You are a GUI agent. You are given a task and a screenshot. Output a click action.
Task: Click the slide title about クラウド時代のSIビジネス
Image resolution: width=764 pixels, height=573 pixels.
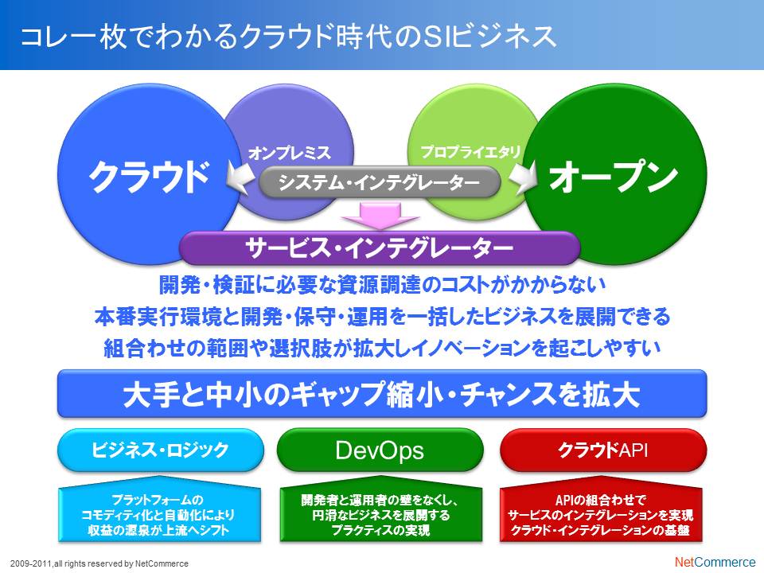(287, 37)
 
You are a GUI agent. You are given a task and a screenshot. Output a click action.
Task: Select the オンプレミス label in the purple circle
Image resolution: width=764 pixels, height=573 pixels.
(290, 153)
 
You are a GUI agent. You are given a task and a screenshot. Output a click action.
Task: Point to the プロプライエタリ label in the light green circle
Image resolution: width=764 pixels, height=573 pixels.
(470, 152)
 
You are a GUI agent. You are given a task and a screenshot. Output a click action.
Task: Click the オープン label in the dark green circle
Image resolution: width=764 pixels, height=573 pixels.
(614, 176)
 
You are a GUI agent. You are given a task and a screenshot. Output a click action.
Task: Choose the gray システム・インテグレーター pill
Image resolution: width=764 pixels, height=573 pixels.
(380, 182)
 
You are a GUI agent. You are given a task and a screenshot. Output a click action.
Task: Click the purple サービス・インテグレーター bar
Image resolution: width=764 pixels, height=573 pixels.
(380, 248)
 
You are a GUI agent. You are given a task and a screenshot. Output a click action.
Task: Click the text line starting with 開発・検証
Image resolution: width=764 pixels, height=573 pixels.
(383, 285)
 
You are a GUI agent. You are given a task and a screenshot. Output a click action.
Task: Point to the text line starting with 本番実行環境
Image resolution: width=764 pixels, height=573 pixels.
(383, 316)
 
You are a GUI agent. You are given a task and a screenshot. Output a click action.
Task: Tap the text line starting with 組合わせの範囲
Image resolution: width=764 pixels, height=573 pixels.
(383, 348)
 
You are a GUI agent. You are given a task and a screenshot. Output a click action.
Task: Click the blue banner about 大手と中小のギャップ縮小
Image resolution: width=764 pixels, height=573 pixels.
(382, 394)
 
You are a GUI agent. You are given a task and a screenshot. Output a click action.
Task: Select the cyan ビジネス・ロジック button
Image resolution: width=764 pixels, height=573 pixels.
(160, 450)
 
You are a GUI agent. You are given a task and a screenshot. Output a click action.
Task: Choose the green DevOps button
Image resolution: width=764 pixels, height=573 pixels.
(380, 450)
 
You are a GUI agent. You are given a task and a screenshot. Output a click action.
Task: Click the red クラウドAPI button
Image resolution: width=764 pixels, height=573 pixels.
(603, 450)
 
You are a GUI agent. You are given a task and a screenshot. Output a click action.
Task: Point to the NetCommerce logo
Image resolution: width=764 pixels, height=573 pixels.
(715, 562)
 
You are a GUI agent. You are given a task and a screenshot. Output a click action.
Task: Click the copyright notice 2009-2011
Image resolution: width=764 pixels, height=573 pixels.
(99, 563)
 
